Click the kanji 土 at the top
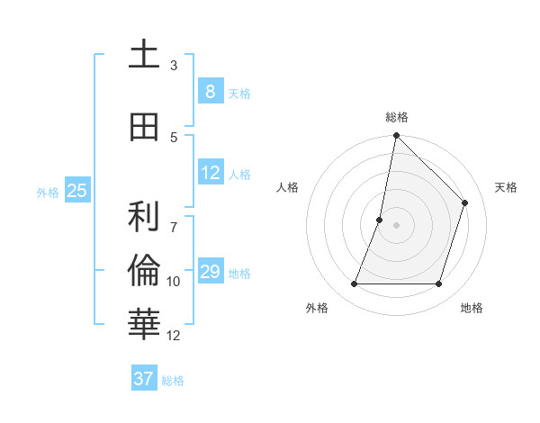tap(144, 56)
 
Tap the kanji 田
tap(144, 128)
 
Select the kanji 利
tap(144, 218)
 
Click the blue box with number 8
tap(210, 91)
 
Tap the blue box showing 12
tap(210, 173)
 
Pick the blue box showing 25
tap(76, 191)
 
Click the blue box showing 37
tap(144, 379)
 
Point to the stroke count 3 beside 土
tap(174, 66)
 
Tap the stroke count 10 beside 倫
tap(174, 282)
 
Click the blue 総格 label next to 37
tap(173, 381)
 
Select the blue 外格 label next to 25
tap(48, 192)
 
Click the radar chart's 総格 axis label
tap(396, 117)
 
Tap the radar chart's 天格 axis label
tap(506, 187)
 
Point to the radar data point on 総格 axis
tap(396, 136)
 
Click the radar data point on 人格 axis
tap(380, 220)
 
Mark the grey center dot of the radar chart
tap(396, 225)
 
